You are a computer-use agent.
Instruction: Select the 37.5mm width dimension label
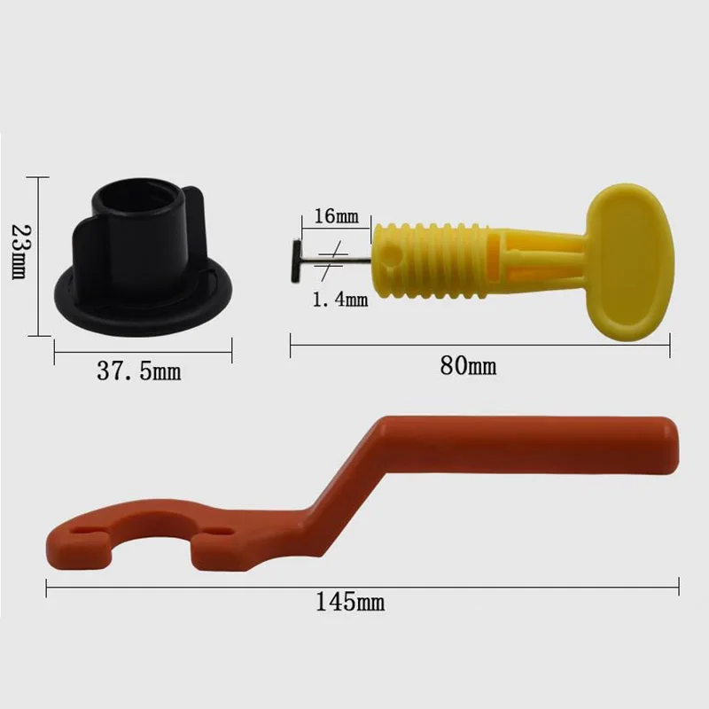pos(138,370)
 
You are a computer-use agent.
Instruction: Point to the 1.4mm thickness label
pos(339,300)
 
